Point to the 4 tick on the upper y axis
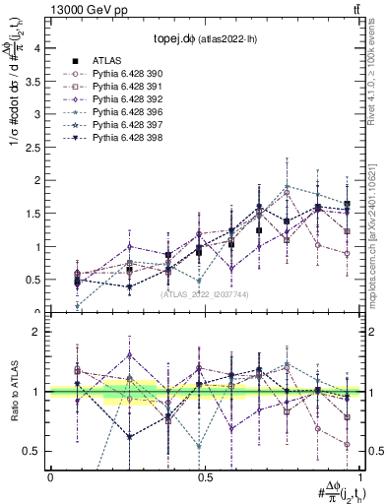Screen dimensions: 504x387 click(x=36, y=47)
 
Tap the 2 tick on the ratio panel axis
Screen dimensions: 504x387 click(x=36, y=332)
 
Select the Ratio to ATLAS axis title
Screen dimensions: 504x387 click(x=13, y=394)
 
